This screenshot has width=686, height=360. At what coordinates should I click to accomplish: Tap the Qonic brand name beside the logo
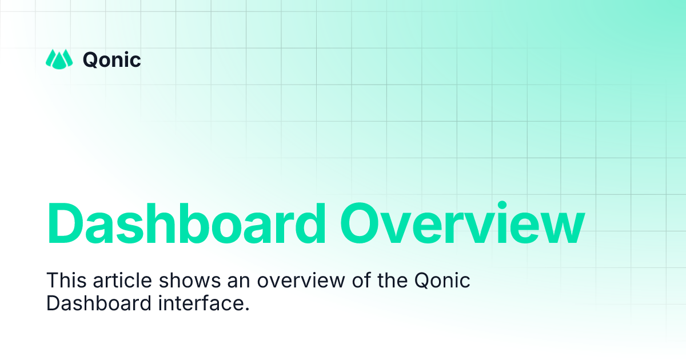coord(111,59)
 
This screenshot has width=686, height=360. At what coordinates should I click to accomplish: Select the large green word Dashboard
coord(186,224)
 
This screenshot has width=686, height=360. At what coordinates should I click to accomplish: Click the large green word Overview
coord(462,224)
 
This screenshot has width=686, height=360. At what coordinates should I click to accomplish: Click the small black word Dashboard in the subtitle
coord(99,303)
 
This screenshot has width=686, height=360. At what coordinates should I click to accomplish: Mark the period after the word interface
coord(248,309)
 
